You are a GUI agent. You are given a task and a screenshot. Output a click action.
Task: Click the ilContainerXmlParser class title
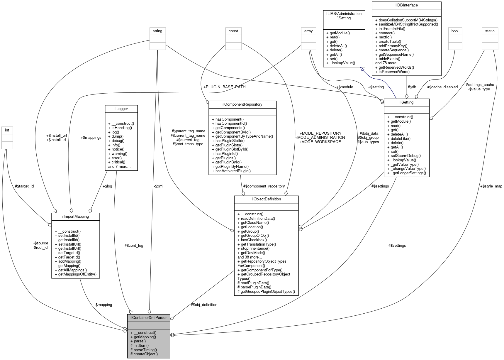148,317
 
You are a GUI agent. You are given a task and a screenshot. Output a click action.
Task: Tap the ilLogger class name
121,109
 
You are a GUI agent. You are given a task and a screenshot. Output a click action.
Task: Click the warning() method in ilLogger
117,153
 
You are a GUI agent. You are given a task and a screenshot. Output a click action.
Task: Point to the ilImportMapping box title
75,216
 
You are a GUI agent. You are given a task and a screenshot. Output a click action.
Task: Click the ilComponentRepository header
242,104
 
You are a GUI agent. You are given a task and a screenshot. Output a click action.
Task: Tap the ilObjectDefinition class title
266,199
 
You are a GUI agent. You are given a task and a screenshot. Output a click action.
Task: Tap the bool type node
455,31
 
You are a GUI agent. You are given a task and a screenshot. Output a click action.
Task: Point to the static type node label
490,31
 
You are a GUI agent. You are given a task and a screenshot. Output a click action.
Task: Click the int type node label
7,130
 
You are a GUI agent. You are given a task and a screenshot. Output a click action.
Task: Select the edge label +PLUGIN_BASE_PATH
224,87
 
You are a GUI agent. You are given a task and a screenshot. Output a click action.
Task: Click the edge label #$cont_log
134,245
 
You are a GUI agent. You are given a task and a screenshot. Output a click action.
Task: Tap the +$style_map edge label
491,186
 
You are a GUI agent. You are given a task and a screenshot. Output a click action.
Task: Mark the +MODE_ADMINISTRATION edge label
320,137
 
